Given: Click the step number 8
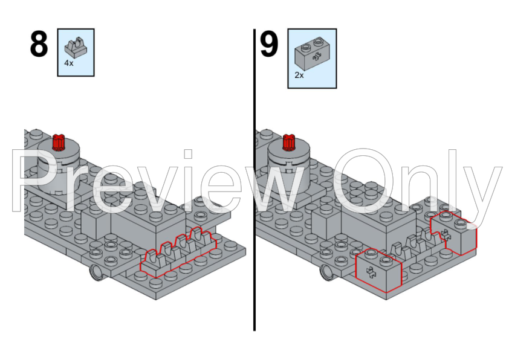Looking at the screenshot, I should pyautogui.click(x=39, y=46).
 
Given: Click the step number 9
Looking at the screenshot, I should pyautogui.click(x=269, y=46).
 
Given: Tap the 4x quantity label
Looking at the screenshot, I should pyautogui.click(x=69, y=63).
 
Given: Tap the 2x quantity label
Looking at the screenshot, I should pyautogui.click(x=299, y=76).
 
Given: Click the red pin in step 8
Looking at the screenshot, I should pyautogui.click(x=59, y=142).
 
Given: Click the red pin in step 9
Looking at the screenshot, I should pyautogui.click(x=289, y=143).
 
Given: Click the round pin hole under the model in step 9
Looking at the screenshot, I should pyautogui.click(x=327, y=272).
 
